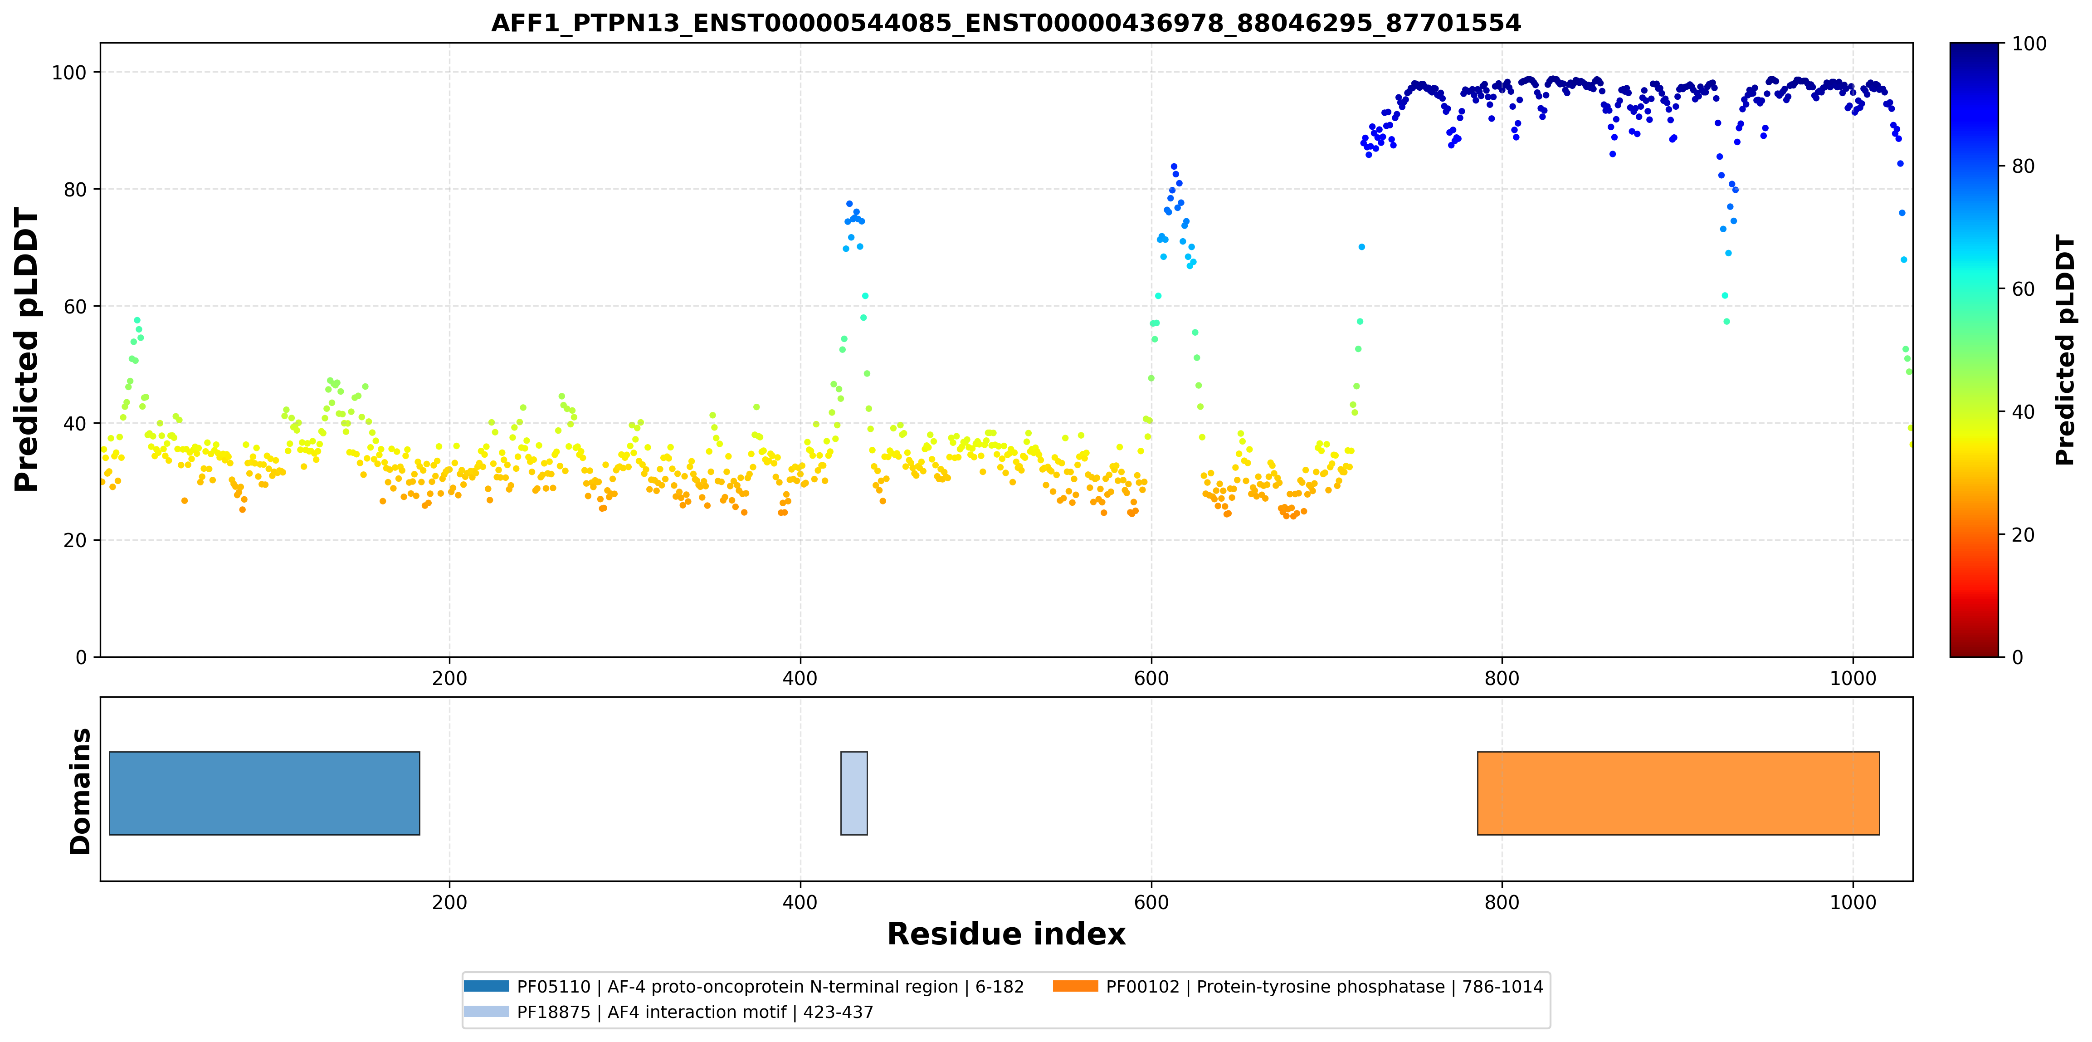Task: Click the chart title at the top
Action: (1005, 23)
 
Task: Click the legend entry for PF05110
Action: (744, 987)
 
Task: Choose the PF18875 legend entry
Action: (668, 1012)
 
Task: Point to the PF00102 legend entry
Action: (1298, 987)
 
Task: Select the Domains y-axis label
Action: (80, 791)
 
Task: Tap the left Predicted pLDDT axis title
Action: (27, 350)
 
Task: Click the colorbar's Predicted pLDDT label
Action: (2065, 350)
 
